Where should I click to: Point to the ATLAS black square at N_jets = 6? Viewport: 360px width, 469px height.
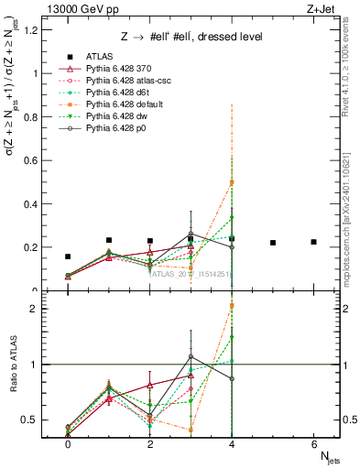[314, 242]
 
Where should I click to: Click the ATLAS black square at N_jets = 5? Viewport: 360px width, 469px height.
[273, 243]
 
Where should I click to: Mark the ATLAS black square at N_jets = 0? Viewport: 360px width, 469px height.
[68, 257]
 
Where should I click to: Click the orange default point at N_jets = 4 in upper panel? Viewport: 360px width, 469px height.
[232, 182]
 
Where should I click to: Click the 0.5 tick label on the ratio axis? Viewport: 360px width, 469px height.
[32, 420]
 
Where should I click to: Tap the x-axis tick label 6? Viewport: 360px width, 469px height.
[314, 443]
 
